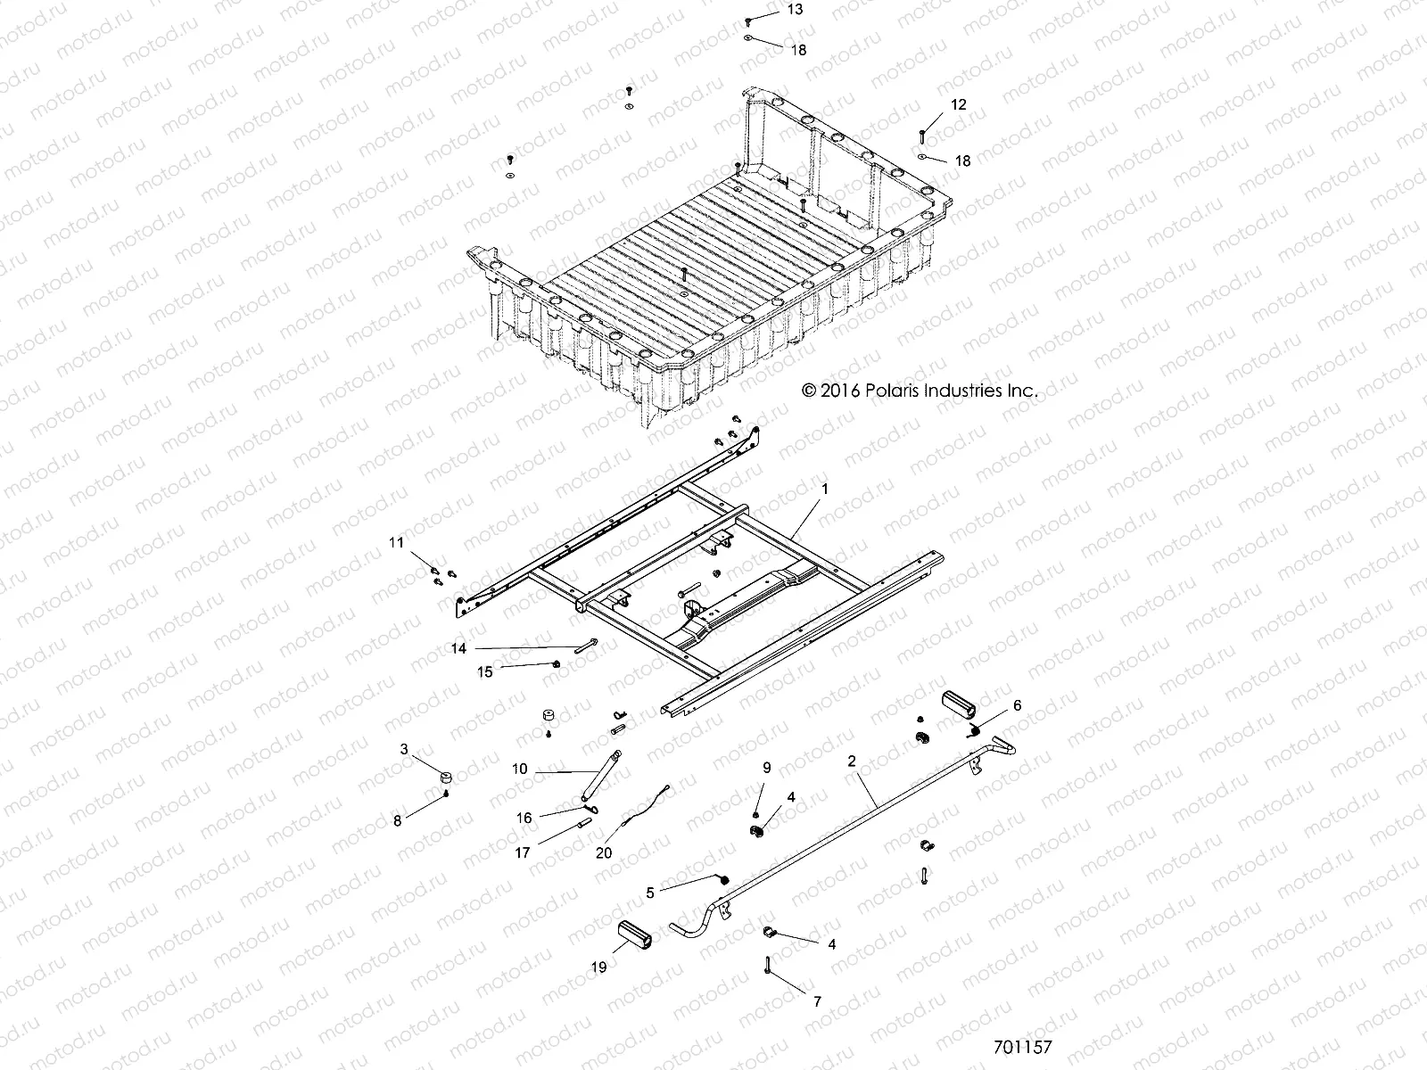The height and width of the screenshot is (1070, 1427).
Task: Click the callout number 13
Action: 794,10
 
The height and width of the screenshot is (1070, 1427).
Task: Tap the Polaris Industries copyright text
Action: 920,391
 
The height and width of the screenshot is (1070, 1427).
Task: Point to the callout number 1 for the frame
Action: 825,490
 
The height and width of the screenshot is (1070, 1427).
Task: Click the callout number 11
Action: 396,542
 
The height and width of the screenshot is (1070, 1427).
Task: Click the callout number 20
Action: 604,852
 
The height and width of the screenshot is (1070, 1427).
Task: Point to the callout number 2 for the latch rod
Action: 852,761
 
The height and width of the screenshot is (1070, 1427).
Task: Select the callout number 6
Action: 1017,705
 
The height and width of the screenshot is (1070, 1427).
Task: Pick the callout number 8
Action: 398,820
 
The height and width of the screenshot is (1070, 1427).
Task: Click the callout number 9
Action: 765,768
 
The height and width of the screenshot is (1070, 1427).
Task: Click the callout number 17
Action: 523,852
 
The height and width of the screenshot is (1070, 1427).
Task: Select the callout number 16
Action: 524,818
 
